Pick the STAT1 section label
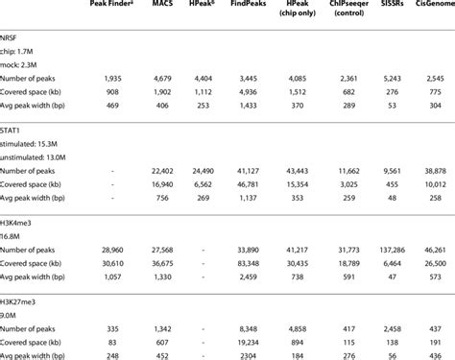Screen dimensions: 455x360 [13, 128]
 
